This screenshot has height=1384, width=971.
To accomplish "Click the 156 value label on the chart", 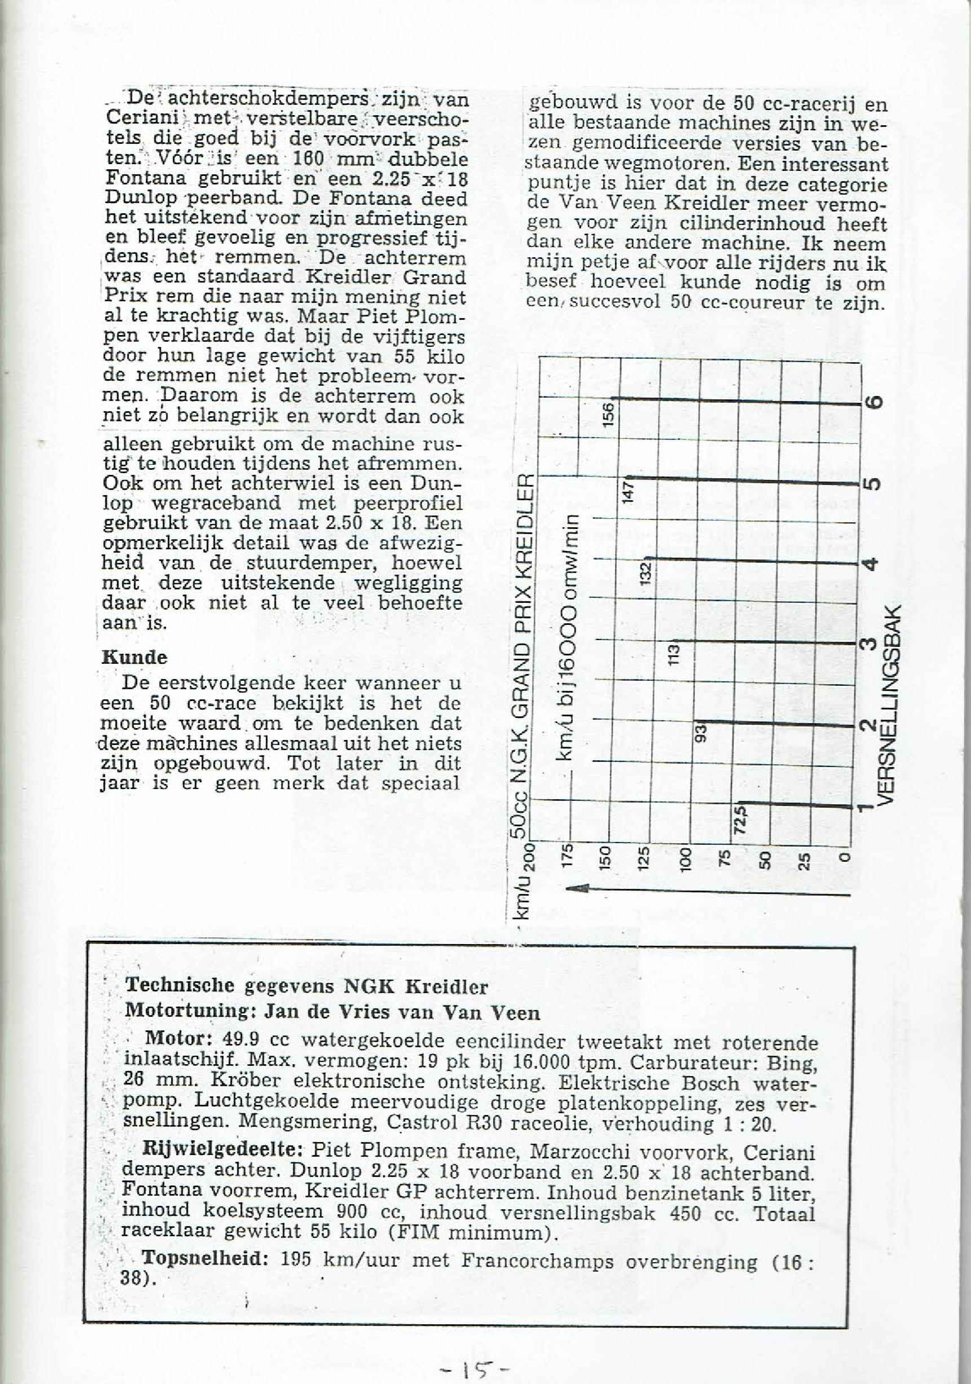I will (609, 415).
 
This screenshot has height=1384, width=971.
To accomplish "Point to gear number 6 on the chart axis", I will (876, 402).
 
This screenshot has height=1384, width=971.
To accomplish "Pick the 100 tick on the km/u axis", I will (685, 857).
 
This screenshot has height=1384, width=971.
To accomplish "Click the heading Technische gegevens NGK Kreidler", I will (306, 986).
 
